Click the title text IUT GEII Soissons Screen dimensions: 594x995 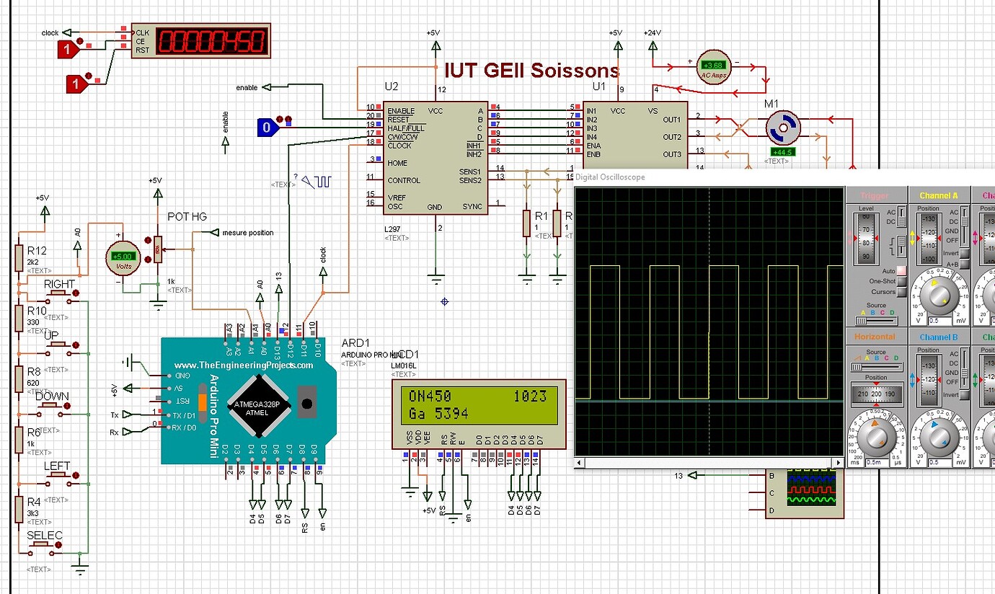tap(531, 70)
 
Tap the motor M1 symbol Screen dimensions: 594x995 tap(782, 128)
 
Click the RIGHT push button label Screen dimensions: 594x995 tap(59, 284)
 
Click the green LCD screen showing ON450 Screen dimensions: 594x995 tap(478, 404)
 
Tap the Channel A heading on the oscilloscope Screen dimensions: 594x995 tap(938, 195)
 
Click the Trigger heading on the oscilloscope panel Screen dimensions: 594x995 tap(874, 195)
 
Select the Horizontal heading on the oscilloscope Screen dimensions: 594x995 tap(875, 337)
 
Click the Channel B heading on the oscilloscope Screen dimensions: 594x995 tap(938, 337)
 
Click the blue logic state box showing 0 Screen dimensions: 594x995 tap(267, 128)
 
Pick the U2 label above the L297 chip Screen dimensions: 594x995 tap(391, 87)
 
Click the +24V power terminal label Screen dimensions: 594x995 tap(652, 33)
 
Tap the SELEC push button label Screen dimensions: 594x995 tap(45, 536)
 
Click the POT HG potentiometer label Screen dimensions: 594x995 tap(187, 216)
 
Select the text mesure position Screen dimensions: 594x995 tap(247, 233)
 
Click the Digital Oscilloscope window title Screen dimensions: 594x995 tap(610, 177)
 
